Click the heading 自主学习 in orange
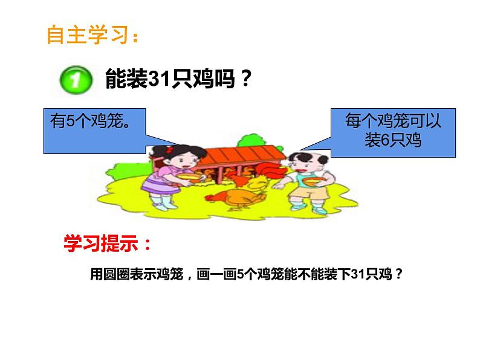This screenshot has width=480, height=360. click(x=91, y=36)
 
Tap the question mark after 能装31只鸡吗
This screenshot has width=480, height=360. click(x=243, y=79)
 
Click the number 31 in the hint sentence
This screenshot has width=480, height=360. click(x=362, y=274)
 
